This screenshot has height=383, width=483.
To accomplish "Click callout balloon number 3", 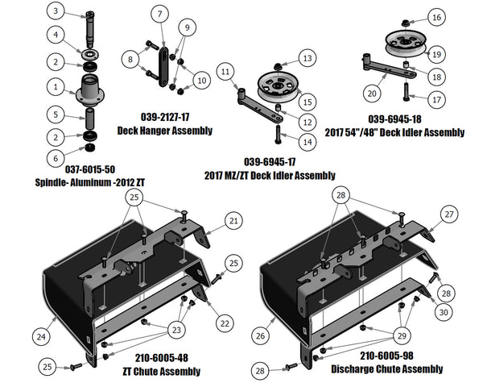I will point(54,12).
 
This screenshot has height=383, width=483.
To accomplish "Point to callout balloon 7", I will point(159,14).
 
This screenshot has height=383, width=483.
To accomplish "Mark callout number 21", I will point(233,220).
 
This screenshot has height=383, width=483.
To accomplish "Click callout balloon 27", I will point(448,214).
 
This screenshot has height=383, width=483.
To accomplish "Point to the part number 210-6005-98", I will point(386,355).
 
